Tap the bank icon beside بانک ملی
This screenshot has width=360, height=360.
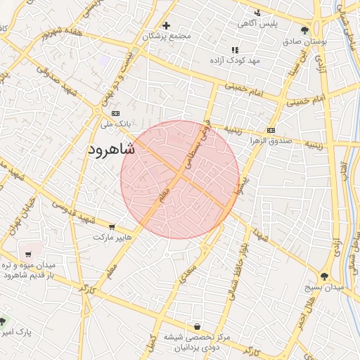pos(115,113)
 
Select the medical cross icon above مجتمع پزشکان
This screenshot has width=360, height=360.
pos(166,25)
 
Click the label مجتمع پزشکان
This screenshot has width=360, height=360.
pos(167,36)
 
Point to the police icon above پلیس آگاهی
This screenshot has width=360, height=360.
pos(257,13)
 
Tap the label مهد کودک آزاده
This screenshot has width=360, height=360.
pos(234,60)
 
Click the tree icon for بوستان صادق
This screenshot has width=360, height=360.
pos(304,30)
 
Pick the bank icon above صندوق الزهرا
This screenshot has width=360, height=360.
pos(271,131)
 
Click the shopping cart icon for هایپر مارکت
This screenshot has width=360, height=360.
pos(112,226)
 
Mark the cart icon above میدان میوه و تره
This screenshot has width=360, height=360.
pos(27,255)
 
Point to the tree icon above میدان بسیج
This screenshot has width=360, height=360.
pos(324,276)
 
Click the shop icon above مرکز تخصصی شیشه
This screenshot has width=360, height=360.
pos(196,326)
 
